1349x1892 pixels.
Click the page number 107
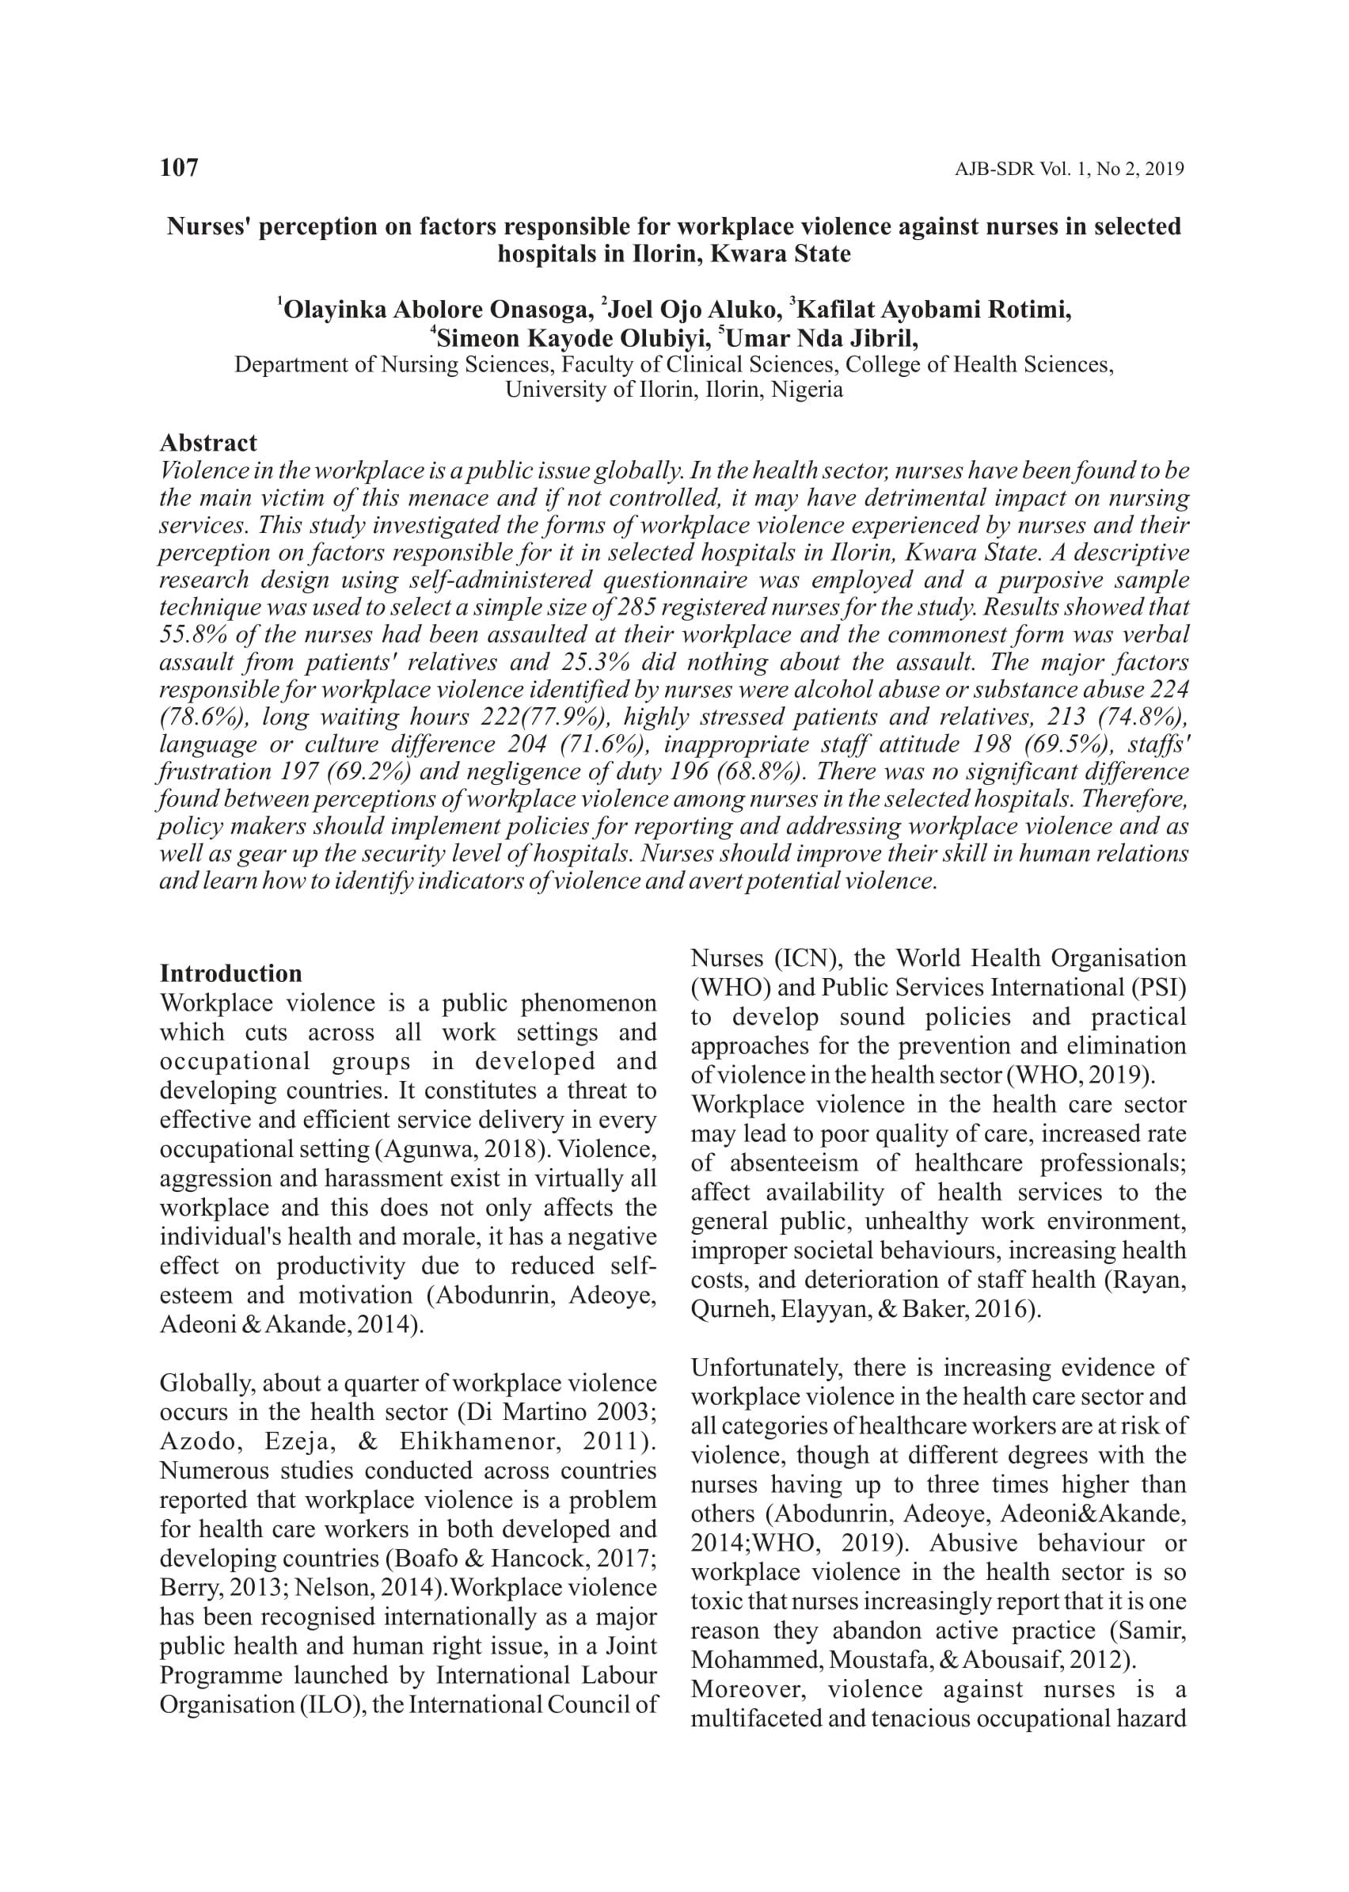(179, 168)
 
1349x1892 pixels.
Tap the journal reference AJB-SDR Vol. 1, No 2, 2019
(1069, 169)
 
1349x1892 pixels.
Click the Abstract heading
(208, 443)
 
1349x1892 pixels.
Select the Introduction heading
(231, 974)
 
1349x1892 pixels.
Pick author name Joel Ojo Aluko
(693, 310)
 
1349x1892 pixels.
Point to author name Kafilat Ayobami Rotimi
(933, 310)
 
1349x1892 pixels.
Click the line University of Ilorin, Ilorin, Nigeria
(674, 390)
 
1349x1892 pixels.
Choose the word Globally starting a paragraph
(206, 1384)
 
